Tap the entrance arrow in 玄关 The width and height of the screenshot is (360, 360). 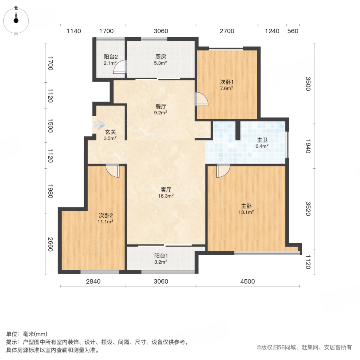pos(98,125)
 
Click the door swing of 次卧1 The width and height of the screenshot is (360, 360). pos(202,99)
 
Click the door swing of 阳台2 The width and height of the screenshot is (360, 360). pos(120,68)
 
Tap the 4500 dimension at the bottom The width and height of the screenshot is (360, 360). pos(247,282)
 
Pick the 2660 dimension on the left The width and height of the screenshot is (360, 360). pos(50,244)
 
